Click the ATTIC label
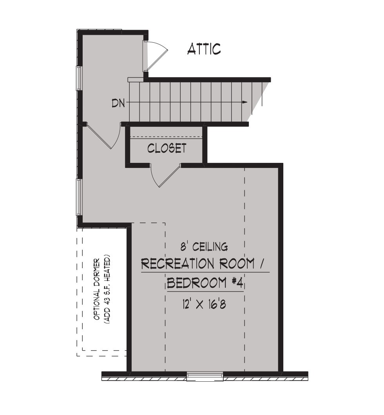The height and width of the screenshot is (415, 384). [x=204, y=49]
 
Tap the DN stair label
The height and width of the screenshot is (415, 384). [x=118, y=103]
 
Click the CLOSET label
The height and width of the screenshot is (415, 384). [x=167, y=148]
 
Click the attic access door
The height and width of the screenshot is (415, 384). [x=155, y=56]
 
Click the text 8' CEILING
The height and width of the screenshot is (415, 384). [x=204, y=247]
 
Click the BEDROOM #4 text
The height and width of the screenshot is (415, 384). [x=205, y=283]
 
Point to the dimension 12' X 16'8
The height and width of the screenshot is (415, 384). [x=204, y=304]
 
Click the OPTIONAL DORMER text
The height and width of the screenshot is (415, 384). [x=97, y=289]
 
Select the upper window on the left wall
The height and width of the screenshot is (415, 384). [x=79, y=78]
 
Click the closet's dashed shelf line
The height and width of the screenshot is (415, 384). [x=166, y=137]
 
